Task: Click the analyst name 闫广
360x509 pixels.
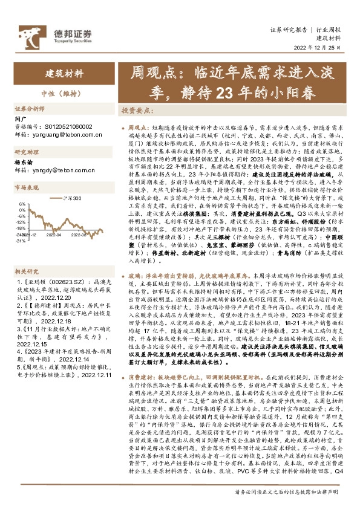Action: coord(20,120)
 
